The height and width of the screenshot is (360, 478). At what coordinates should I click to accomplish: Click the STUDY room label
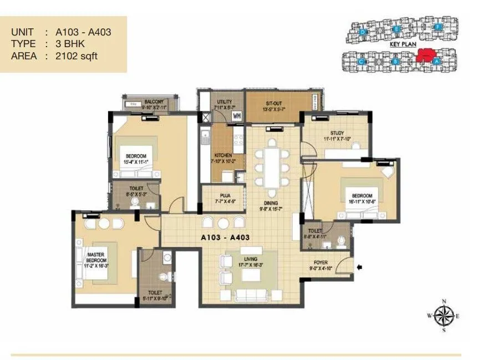coord(337,133)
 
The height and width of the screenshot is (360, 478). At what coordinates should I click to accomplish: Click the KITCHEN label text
coord(223,155)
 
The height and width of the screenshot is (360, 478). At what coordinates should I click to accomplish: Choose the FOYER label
coord(320,264)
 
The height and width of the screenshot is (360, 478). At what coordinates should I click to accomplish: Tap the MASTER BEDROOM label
coord(96,258)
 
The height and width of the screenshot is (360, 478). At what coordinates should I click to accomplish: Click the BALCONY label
coord(154,102)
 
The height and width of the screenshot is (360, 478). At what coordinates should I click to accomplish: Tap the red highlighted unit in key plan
coord(425,54)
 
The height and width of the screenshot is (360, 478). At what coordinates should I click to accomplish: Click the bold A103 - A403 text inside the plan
coord(224,237)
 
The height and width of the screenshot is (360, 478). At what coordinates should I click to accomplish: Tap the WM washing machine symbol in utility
coord(236,115)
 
